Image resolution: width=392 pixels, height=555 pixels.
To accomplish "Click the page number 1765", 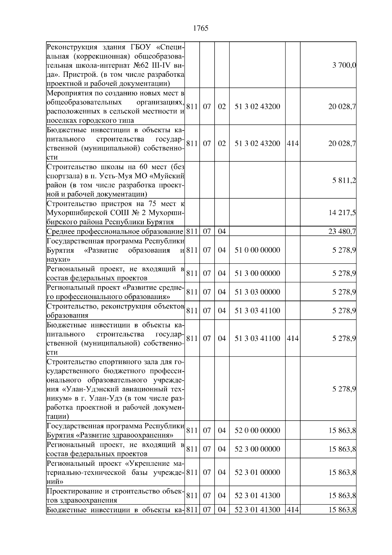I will [201, 28].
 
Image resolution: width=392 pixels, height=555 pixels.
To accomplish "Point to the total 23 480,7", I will [342, 232].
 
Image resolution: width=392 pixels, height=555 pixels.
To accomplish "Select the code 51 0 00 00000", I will [257, 250].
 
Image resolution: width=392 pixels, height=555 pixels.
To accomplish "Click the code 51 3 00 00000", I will [257, 273].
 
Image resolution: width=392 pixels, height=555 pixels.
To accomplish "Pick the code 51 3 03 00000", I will [257, 292].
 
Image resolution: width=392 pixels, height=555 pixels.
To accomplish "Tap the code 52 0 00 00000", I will [257, 430].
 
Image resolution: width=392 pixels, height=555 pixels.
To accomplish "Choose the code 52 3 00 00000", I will [257, 449].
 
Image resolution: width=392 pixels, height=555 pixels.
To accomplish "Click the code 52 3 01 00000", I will [257, 472].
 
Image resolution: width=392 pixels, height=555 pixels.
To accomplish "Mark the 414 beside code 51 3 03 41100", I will [292, 338].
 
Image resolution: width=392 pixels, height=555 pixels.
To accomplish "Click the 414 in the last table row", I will [292, 510].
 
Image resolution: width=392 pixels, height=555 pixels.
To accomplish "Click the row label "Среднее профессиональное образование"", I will [115, 232].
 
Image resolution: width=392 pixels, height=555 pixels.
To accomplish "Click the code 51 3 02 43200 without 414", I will [257, 107].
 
